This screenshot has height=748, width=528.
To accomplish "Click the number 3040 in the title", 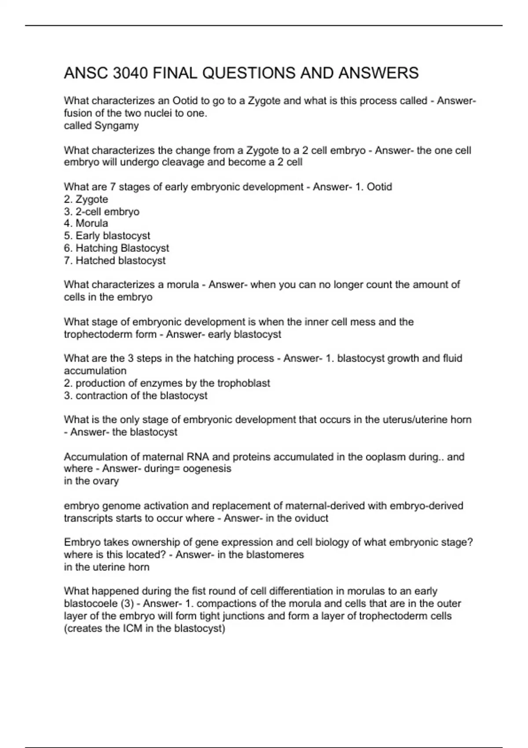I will click(x=130, y=73).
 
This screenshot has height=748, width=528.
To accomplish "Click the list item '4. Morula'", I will click(x=86, y=224).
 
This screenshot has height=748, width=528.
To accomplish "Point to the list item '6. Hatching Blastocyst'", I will click(x=117, y=248).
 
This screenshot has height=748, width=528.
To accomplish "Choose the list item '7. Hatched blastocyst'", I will click(x=115, y=260).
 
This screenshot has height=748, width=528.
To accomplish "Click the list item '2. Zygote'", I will click(x=86, y=199).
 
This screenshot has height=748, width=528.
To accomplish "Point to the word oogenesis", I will click(x=207, y=469).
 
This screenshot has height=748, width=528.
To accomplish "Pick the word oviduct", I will click(x=310, y=518).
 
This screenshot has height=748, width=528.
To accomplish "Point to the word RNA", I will click(x=198, y=457).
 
